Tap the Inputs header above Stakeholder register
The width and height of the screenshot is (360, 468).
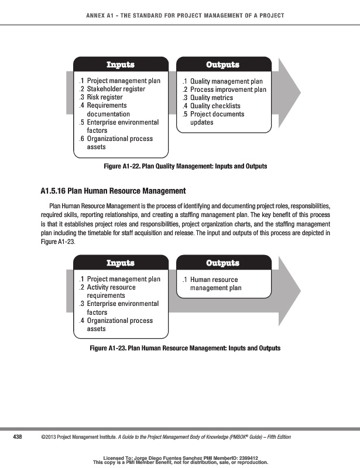(120, 64)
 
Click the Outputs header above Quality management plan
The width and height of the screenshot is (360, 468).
(223, 64)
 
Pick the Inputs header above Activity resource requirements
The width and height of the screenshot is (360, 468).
(120, 263)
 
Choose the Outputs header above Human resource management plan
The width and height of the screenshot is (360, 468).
(223, 263)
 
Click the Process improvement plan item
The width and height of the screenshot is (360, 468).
(228, 90)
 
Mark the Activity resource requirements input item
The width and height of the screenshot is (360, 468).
(111, 291)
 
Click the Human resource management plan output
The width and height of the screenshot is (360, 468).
(215, 284)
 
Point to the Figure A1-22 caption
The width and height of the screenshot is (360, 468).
(185, 166)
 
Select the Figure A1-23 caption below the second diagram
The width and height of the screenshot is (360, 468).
(185, 348)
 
